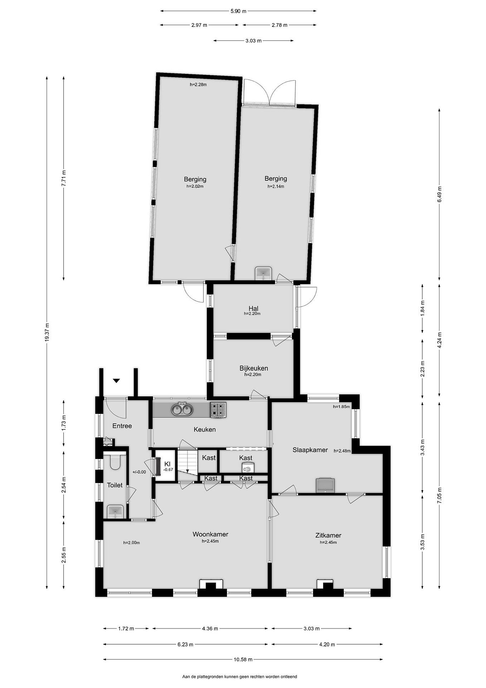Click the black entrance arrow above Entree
coord(116,381)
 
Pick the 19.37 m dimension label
coord(47,332)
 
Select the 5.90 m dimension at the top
coord(238,11)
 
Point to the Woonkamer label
coord(210,534)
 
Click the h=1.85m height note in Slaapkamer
coord(341,407)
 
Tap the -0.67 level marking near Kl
coord(168,470)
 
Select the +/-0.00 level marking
coord(139,472)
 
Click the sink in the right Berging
coord(263,273)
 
